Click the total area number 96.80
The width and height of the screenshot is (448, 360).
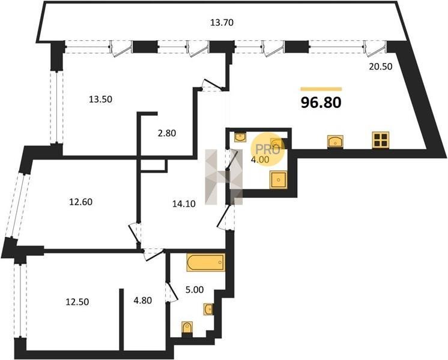coord(321,103)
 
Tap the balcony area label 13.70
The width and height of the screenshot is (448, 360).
coord(222,23)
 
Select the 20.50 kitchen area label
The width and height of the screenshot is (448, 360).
coord(381,67)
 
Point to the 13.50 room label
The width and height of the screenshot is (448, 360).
coord(100,100)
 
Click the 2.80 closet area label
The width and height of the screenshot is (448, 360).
coord(167,133)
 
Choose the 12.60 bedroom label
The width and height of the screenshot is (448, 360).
coord(81,202)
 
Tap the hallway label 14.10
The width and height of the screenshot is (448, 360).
coord(184,203)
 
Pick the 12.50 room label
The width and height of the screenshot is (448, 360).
coord(77,301)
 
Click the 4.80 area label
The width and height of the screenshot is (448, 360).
coord(143,301)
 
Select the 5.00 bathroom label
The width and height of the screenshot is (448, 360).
coord(195,290)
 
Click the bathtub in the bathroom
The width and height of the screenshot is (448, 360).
coord(206,262)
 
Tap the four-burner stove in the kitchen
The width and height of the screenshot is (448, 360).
coord(381,140)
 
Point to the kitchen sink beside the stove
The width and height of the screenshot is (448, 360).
coord(335,142)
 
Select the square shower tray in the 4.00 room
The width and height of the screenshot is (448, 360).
coord(279,180)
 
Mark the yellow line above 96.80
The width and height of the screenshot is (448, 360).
coord(321,89)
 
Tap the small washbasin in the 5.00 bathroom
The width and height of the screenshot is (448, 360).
coord(208,309)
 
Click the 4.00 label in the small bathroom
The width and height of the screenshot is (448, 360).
coord(260,160)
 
